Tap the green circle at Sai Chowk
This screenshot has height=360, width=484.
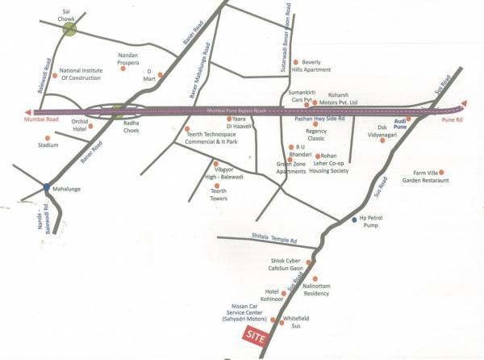point(70,30)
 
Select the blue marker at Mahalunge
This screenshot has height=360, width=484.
point(46,189)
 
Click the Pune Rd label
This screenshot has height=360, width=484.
point(453,119)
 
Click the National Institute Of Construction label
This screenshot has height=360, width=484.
point(81,75)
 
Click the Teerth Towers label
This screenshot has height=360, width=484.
point(219,195)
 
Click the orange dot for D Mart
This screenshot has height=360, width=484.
point(160,76)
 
